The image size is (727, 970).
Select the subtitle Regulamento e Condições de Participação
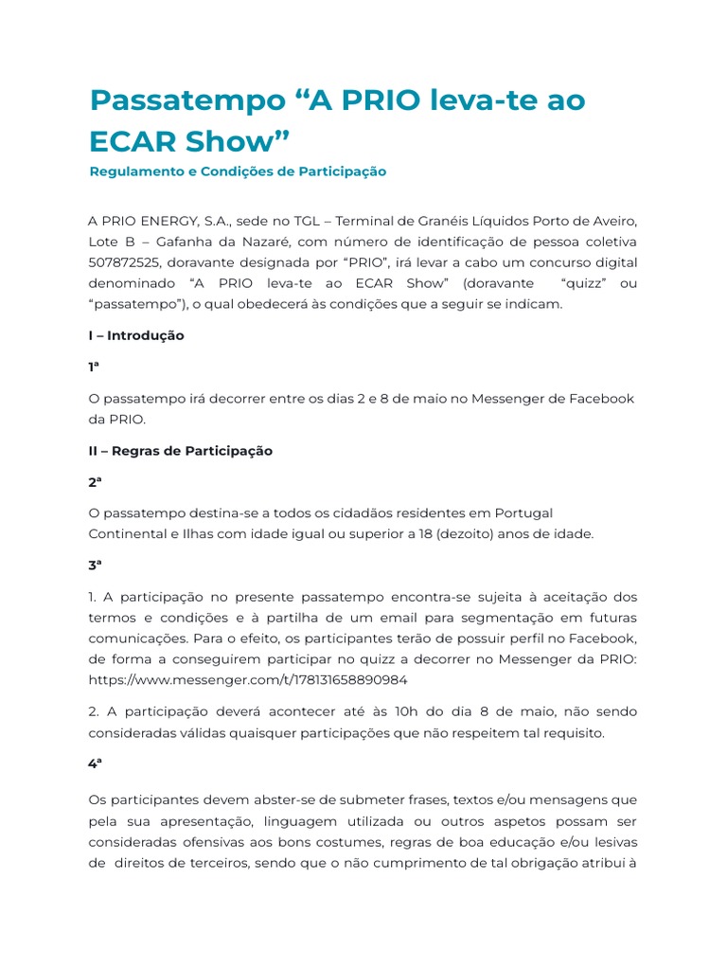(238, 171)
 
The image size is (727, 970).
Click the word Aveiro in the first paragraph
(613, 221)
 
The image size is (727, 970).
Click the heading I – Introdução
(136, 335)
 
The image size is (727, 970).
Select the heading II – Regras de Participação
(180, 451)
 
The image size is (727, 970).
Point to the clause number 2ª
(95, 481)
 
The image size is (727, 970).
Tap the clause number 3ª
(95, 565)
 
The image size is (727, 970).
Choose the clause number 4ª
(95, 763)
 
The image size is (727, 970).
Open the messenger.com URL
(248, 679)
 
